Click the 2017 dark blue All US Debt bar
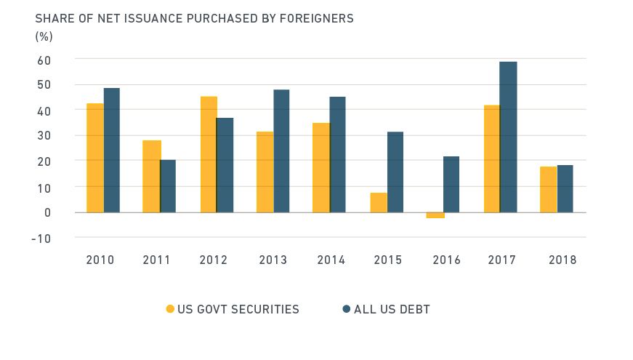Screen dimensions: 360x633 pyautogui.click(x=508, y=137)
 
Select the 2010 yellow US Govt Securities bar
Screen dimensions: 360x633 pyautogui.click(x=94, y=158)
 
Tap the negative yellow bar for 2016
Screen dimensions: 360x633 pyautogui.click(x=435, y=215)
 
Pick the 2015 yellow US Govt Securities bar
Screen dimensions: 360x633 pyautogui.click(x=378, y=203)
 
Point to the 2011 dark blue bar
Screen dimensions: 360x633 pyautogui.click(x=168, y=186)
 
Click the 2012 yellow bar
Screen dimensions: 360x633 pyautogui.click(x=209, y=154)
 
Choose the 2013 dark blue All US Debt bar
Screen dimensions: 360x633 pyautogui.click(x=281, y=151)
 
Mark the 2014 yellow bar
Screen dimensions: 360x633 pyautogui.click(x=321, y=167)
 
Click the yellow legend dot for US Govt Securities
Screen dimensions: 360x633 pyautogui.click(x=171, y=309)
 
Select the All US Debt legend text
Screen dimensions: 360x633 pyautogui.click(x=392, y=309)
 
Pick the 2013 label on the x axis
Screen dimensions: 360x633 pyautogui.click(x=272, y=260)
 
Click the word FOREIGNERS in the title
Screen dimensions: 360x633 pyautogui.click(x=314, y=18)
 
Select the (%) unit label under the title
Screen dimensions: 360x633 pyautogui.click(x=44, y=36)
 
